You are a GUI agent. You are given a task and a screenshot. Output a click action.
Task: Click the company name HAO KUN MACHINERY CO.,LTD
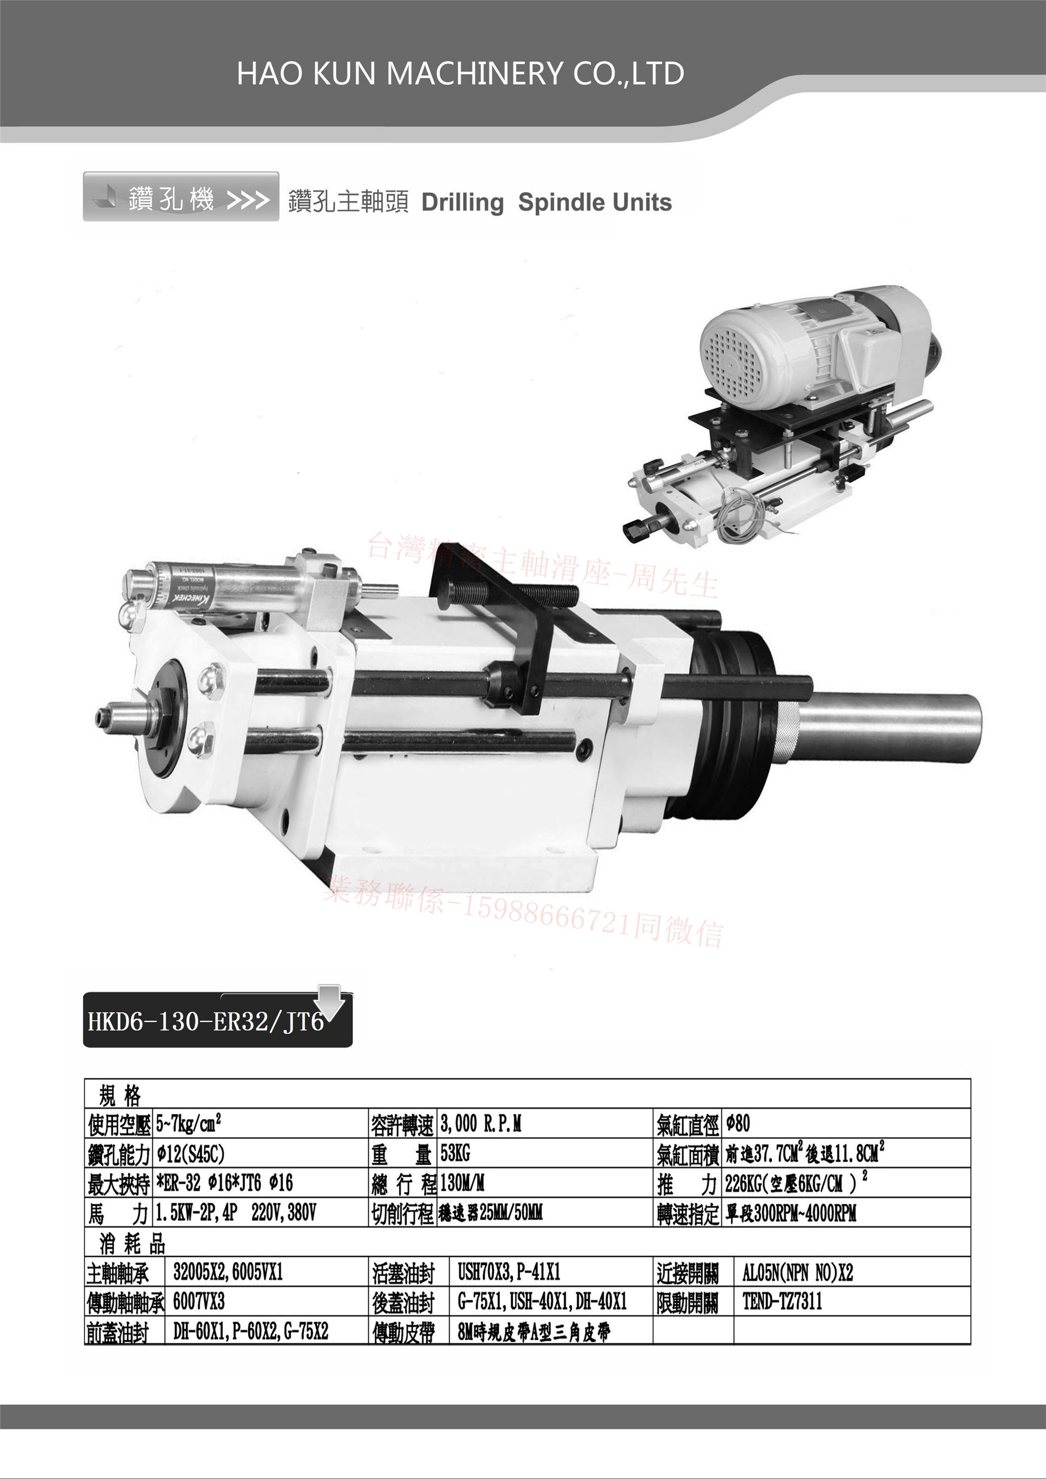pyautogui.click(x=460, y=74)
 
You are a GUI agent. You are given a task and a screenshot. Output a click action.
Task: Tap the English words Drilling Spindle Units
pyautogui.click(x=546, y=202)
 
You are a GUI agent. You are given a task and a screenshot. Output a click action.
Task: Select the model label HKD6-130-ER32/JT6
pyautogui.click(x=205, y=1022)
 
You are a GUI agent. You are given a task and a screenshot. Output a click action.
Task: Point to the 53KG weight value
pyautogui.click(x=455, y=1153)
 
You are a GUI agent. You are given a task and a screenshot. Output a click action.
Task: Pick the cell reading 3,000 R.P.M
pyautogui.click(x=481, y=1124)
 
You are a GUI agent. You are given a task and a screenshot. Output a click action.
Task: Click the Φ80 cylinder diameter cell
pyautogui.click(x=738, y=1124)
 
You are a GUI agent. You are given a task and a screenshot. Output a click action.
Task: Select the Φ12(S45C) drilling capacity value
pyautogui.click(x=191, y=1154)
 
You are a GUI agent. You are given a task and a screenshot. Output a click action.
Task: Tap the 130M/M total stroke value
pyautogui.click(x=462, y=1183)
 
